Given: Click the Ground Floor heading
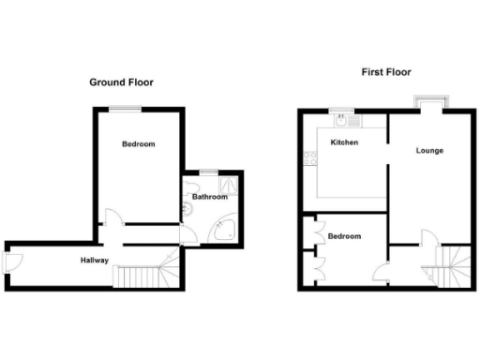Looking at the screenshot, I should coord(121,82).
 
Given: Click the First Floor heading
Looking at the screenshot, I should coord(385,72).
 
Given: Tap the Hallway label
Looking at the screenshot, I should coord(94,261).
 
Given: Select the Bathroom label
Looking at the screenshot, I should coord(210,197).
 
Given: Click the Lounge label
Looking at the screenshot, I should coord(429,150).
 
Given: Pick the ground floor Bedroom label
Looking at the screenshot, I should coord(138,144).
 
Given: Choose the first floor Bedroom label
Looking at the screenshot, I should coord(344,236).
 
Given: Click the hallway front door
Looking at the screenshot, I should coord(11,260).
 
